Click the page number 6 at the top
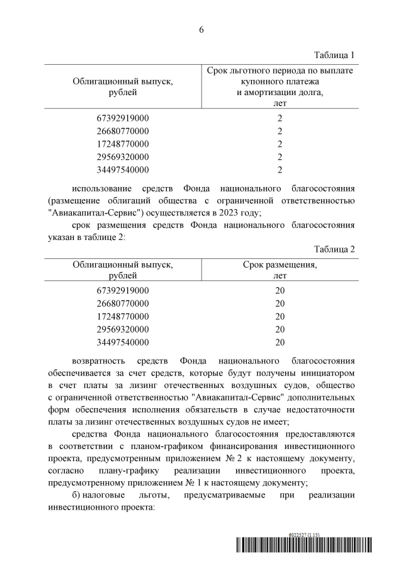[x=201, y=30]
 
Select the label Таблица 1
[x=334, y=55]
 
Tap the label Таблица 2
[x=334, y=249]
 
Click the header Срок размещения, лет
[x=280, y=270]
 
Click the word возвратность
[x=98, y=362]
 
